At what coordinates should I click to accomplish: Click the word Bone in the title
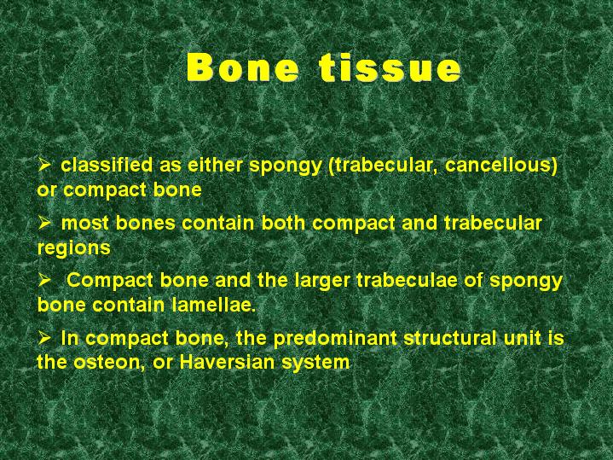243,67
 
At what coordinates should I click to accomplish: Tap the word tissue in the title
390,67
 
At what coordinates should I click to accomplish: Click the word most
85,223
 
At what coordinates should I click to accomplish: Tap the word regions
74,248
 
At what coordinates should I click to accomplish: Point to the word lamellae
212,305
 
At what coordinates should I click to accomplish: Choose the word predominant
335,338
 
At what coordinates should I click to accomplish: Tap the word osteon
107,362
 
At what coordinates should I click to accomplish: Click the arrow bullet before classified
44,164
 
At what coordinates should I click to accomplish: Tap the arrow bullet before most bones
44,223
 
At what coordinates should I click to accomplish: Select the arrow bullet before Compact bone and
44,280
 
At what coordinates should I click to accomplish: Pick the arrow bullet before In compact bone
44,338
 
